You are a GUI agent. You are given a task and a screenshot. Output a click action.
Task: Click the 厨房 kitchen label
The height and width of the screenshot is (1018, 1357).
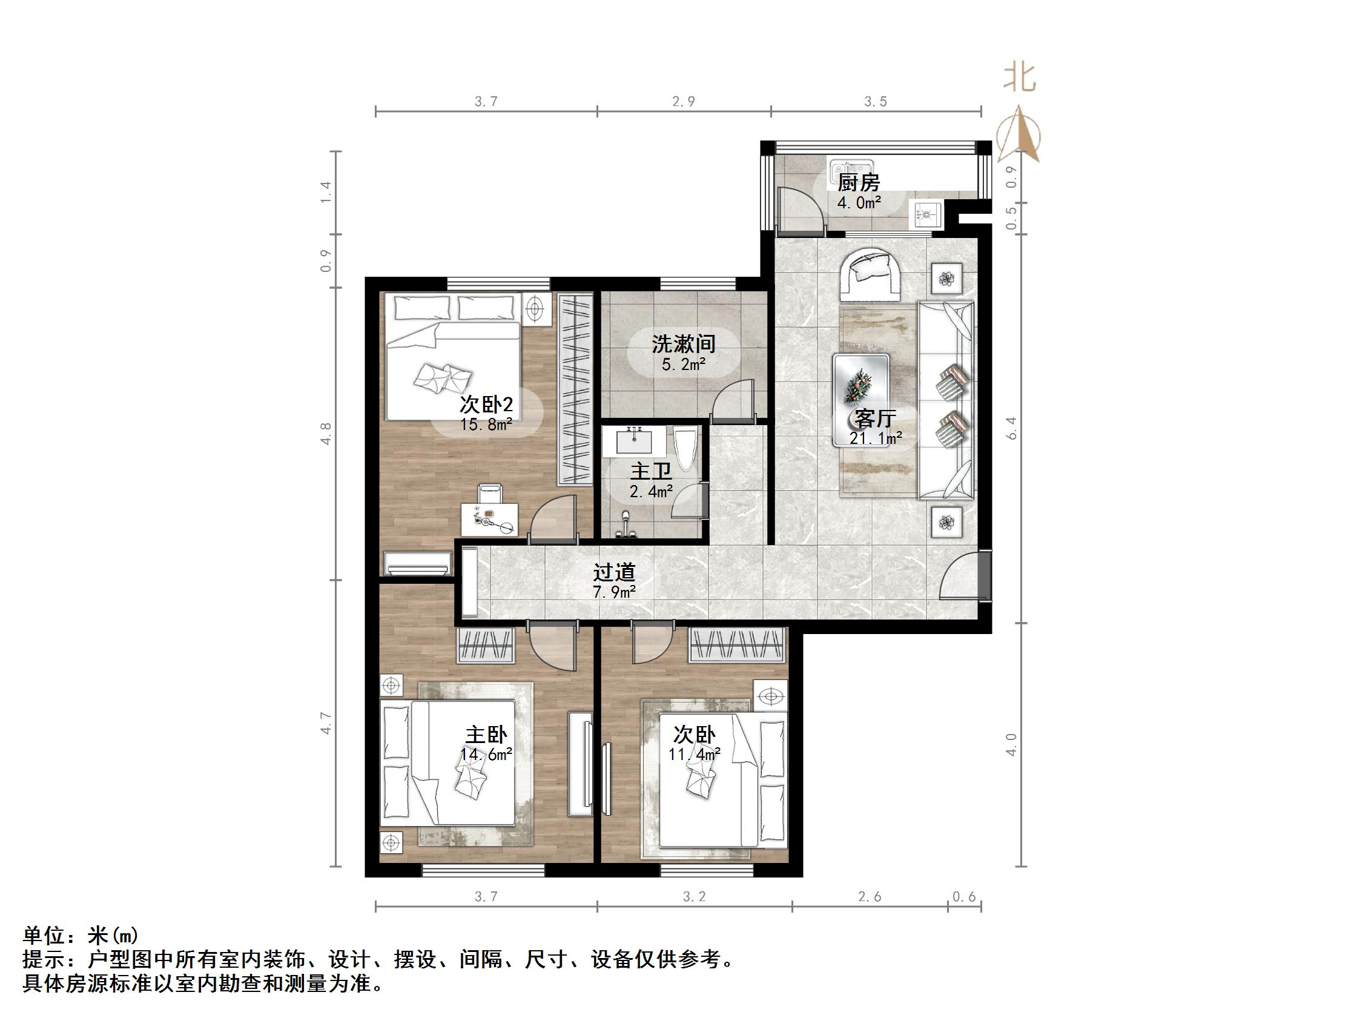coord(858,183)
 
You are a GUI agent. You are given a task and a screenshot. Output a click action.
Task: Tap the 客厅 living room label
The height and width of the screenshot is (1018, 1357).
coord(876,418)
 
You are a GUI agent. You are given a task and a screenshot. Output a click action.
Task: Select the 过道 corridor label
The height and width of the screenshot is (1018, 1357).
coord(613,572)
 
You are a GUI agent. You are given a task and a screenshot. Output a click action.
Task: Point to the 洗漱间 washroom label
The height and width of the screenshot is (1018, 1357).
coord(684,344)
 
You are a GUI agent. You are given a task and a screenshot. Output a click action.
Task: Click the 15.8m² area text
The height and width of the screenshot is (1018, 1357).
coord(486,424)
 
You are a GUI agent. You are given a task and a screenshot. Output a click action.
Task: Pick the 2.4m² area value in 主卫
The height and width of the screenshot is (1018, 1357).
coord(651,491)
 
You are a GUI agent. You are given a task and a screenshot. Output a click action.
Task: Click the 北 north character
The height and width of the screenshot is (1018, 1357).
coord(1020,79)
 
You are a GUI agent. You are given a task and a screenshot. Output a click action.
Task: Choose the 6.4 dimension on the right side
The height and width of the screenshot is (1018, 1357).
coord(1012,428)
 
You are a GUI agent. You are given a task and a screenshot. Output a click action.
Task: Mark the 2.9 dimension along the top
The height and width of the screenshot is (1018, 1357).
coord(684,102)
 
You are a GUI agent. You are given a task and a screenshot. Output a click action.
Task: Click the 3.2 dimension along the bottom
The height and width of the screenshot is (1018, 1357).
coord(694,897)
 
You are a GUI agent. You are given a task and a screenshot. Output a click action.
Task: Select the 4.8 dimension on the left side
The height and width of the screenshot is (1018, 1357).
coord(326,433)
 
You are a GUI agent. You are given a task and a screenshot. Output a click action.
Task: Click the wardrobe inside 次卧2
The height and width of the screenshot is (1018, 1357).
coord(575,388)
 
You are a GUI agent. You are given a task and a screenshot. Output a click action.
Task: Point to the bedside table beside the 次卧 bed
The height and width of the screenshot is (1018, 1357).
coord(770,696)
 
